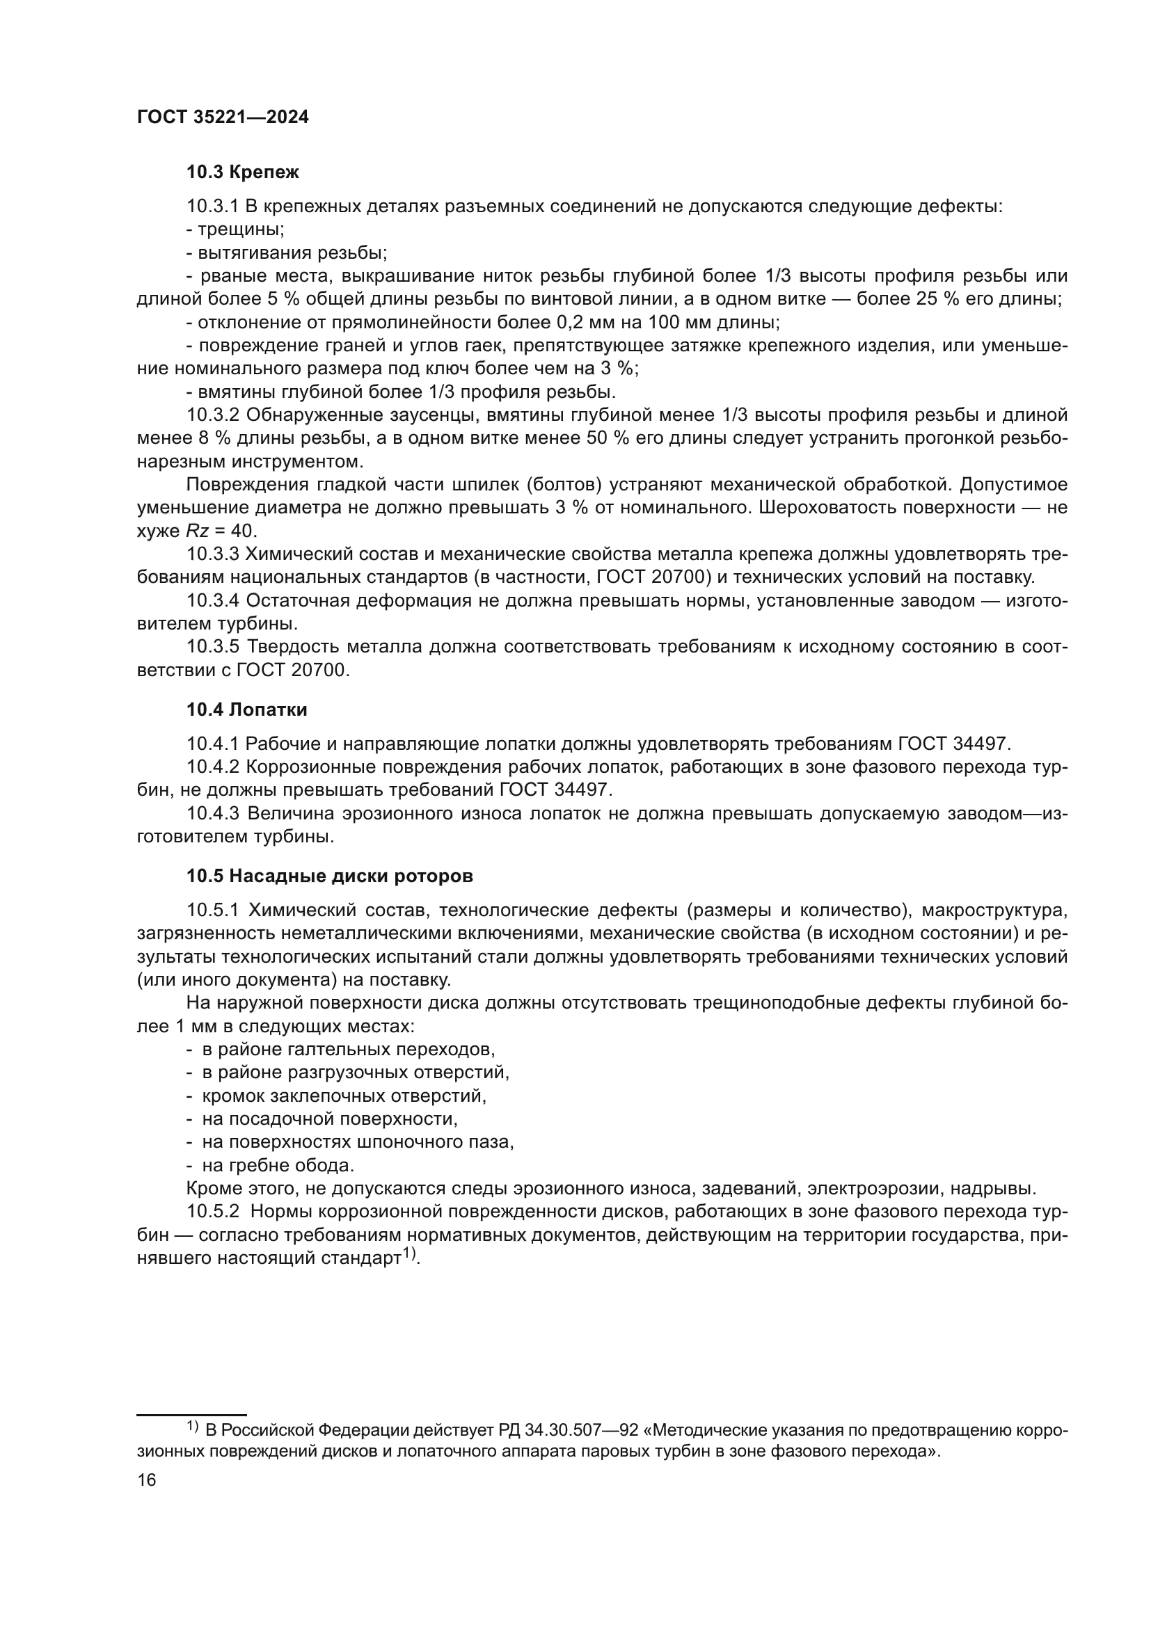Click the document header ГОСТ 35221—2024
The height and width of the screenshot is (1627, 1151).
click(x=223, y=118)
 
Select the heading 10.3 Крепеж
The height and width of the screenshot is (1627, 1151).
click(x=242, y=173)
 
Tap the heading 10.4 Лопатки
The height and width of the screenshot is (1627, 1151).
click(x=246, y=710)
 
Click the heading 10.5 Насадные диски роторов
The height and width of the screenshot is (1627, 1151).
click(x=330, y=876)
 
